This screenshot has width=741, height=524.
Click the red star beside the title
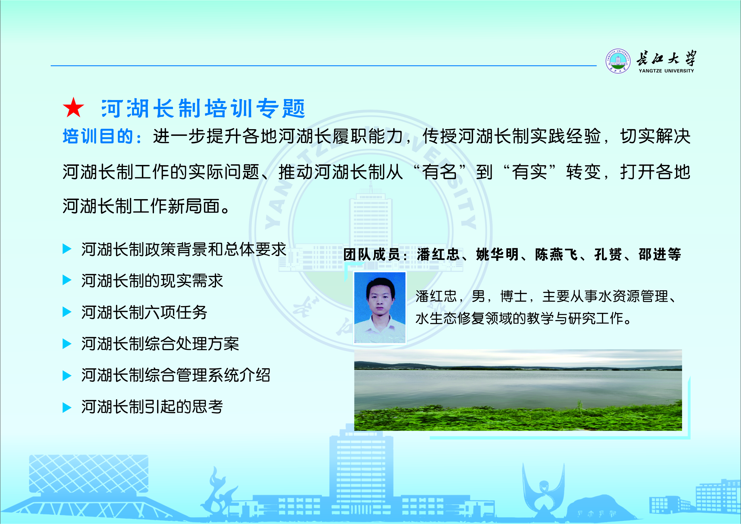(x=73, y=108)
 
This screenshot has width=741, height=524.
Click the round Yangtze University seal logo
(x=618, y=61)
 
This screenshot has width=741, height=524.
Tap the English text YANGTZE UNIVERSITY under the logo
(x=666, y=71)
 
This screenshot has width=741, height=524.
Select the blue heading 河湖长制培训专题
(x=203, y=108)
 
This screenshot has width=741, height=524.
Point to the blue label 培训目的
(x=99, y=136)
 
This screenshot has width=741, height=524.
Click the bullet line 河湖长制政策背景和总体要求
(x=184, y=249)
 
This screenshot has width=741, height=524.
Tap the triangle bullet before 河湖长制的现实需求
(x=67, y=280)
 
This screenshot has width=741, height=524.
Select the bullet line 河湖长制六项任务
(x=144, y=312)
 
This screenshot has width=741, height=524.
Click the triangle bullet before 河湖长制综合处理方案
(x=67, y=344)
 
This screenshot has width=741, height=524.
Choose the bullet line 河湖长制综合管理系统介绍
(x=176, y=375)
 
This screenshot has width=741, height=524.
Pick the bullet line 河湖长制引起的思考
(x=152, y=407)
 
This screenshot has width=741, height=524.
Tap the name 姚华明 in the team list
(x=498, y=254)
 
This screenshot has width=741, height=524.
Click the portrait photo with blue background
(x=380, y=307)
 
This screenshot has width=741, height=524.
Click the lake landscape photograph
(x=518, y=390)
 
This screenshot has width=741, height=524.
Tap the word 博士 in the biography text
(x=514, y=296)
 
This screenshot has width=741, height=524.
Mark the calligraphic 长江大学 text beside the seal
(x=666, y=58)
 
